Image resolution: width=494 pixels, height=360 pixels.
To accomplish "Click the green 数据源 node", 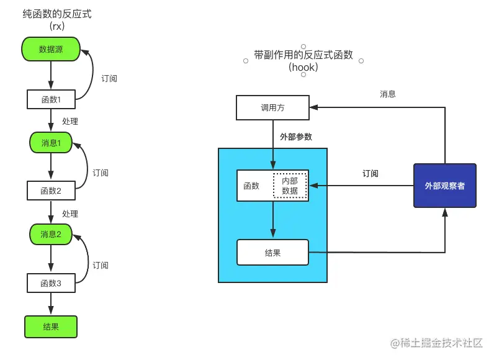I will [51, 49].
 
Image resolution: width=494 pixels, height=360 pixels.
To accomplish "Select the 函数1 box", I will [51, 99].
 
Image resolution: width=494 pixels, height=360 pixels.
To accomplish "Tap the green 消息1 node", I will [51, 143].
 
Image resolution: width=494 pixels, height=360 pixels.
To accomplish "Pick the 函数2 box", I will [51, 191].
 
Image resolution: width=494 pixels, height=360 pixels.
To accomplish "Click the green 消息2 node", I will [51, 234].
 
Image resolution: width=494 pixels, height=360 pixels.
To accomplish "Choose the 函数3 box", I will [51, 283].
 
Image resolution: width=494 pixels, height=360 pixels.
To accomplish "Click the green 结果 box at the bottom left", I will [51, 326].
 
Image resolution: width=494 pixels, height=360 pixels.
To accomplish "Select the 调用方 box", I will [272, 107].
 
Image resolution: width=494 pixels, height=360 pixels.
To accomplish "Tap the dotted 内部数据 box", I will [290, 186].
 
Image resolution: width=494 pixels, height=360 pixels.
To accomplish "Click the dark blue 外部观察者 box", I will [444, 186].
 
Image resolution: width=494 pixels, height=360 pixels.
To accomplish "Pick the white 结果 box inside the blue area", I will [272, 253].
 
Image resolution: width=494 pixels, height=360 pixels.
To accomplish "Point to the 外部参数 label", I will [296, 137].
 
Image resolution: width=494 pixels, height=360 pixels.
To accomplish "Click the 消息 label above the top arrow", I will [388, 94].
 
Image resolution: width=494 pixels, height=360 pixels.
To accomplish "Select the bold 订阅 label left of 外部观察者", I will [370, 174].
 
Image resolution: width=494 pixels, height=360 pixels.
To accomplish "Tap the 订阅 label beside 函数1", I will [109, 79].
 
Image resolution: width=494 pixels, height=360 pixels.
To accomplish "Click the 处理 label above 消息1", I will [70, 121].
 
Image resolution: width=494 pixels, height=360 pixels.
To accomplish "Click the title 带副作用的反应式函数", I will [303, 55].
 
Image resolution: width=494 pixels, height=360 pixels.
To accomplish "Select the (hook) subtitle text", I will [303, 67].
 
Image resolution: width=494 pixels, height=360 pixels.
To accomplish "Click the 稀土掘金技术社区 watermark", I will [441, 343].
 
